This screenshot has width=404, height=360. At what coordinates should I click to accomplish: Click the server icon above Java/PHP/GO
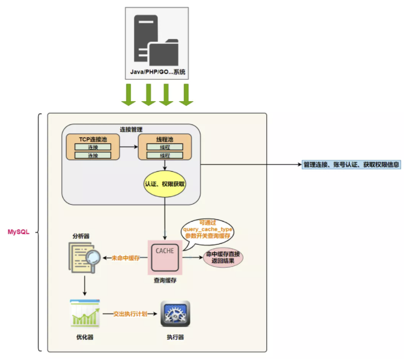(x=155, y=40)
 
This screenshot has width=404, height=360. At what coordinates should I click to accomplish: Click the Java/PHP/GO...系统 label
(x=158, y=73)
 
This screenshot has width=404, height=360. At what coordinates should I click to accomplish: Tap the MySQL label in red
(x=19, y=232)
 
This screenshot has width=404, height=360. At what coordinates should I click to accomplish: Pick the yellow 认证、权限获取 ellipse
(x=165, y=184)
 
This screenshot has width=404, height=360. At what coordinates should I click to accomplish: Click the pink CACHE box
(x=165, y=257)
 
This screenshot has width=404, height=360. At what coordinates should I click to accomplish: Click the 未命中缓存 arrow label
(x=125, y=258)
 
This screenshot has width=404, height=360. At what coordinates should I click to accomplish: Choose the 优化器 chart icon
(x=85, y=314)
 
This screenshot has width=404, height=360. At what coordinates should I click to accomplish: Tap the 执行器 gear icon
(x=175, y=314)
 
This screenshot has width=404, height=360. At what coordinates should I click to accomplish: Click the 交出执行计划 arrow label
(x=130, y=314)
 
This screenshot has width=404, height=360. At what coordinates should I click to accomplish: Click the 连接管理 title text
(x=131, y=129)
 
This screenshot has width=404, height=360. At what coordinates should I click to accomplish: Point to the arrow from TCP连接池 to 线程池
(x=129, y=147)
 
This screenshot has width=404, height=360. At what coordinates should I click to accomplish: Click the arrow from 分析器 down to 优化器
(x=85, y=286)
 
